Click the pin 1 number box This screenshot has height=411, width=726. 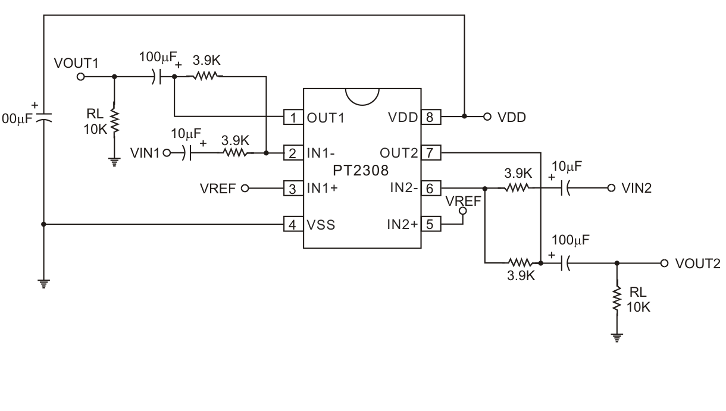click(293, 117)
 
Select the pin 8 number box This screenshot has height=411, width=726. click(431, 117)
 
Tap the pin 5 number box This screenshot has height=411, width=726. click(431, 225)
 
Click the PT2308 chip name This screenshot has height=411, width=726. click(361, 171)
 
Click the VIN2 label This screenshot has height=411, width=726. click(636, 189)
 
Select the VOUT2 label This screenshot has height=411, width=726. click(697, 263)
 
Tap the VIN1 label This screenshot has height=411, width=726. click(145, 153)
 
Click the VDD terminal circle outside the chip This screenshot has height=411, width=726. click(486, 117)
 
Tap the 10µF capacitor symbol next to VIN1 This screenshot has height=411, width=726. click(189, 153)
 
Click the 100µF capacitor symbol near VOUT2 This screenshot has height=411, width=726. click(566, 262)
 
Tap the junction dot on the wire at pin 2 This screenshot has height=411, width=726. click(266, 153)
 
